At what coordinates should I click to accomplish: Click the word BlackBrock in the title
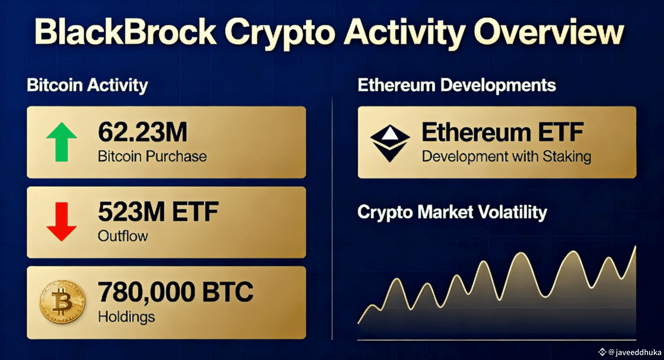click(125, 32)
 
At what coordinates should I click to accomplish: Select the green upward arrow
click(62, 142)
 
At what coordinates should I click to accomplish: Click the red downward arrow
click(62, 221)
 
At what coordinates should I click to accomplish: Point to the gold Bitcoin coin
click(62, 302)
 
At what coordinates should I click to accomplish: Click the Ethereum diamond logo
click(390, 143)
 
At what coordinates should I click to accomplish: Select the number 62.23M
click(143, 132)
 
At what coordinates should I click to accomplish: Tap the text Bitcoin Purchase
click(152, 156)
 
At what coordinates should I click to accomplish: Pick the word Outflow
click(123, 236)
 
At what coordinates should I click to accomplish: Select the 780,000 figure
click(147, 292)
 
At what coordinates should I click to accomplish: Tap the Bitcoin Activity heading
click(87, 85)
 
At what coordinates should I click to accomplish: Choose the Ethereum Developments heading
click(457, 85)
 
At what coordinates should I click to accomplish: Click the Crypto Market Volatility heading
click(452, 212)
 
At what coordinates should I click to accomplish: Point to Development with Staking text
click(507, 156)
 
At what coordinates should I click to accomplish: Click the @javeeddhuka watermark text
click(635, 352)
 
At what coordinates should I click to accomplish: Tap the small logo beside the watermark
click(602, 352)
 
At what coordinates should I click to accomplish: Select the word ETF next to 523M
click(195, 212)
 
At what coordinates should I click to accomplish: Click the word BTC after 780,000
click(228, 292)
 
